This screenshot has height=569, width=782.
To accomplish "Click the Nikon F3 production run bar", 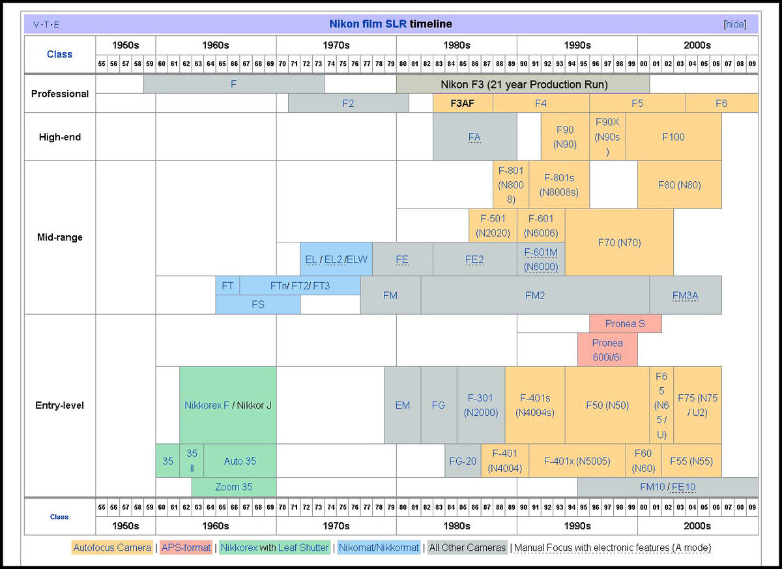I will (523, 84).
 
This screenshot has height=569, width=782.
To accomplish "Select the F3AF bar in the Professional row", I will (463, 103).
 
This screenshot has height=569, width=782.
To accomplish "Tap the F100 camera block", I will (673, 137).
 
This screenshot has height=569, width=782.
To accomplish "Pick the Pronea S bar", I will (625, 324).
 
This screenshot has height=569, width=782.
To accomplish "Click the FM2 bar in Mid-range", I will (535, 295).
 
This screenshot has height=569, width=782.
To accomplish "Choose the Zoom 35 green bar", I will (233, 487).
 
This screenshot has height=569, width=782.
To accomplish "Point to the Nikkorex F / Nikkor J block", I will (227, 405).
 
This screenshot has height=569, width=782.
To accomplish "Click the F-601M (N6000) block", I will (541, 259).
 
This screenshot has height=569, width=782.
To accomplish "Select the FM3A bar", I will (685, 295).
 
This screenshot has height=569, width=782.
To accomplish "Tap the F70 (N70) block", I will (619, 242).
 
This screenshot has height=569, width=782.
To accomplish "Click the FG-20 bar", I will (463, 461).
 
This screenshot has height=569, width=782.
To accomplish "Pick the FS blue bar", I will (257, 304).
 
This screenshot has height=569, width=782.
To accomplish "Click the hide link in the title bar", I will (735, 24).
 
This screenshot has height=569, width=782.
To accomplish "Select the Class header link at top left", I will (59, 54).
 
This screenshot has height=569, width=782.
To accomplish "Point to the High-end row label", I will (59, 137).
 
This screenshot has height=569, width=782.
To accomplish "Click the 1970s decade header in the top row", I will (336, 46).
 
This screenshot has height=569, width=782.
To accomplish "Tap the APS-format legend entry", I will (186, 547).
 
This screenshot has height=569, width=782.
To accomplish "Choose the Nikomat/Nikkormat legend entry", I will (379, 547).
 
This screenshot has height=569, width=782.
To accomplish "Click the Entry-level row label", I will (59, 405).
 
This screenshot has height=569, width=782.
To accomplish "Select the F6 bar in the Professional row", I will (721, 103).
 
